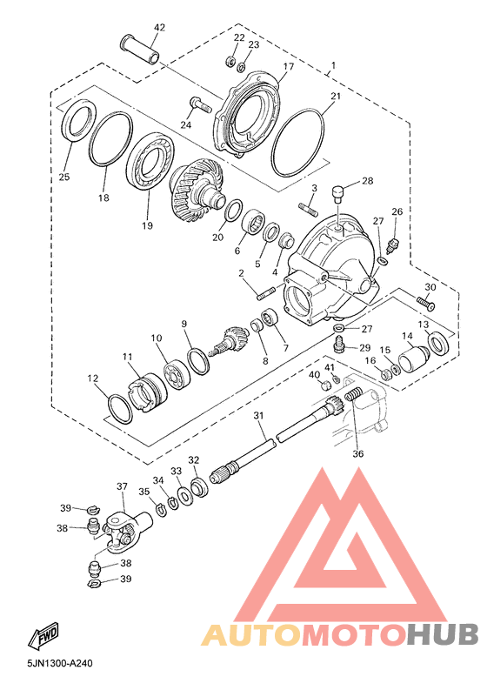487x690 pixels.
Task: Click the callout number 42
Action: (x=159, y=28)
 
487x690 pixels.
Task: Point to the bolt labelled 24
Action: (x=200, y=105)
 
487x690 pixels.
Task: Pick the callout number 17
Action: (x=288, y=66)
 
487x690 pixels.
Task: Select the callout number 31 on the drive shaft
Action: (x=258, y=415)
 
